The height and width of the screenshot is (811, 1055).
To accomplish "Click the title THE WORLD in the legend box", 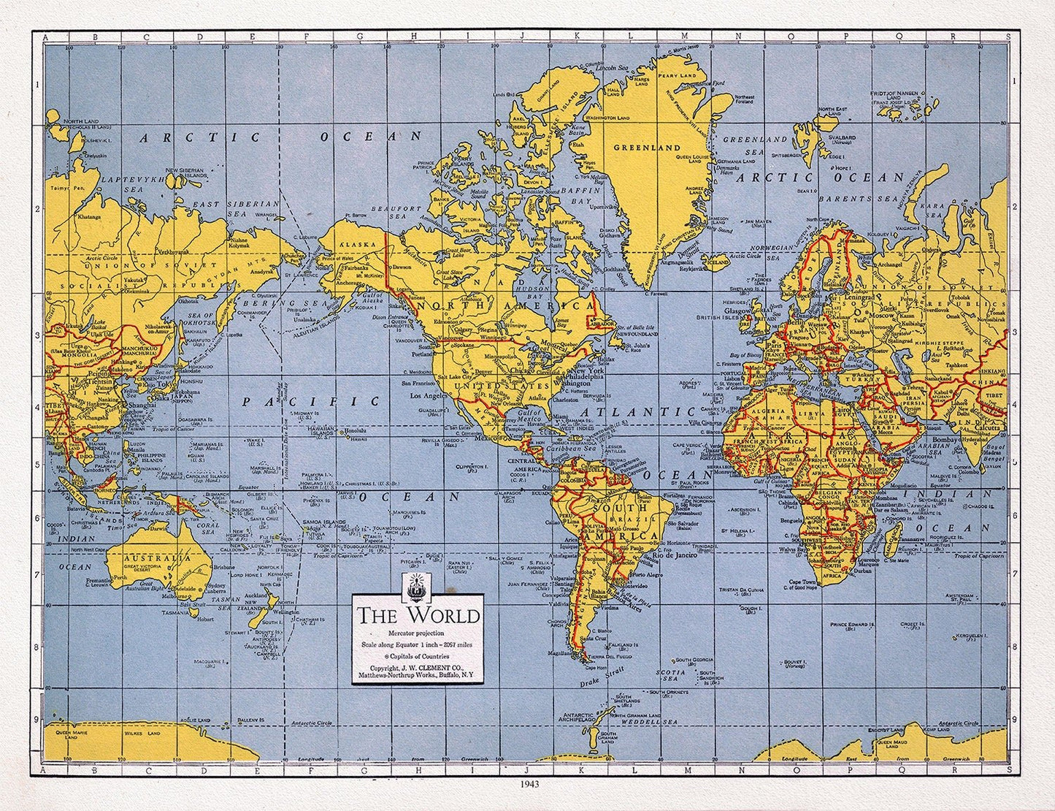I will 418,614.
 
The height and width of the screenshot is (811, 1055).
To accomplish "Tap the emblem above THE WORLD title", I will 417,585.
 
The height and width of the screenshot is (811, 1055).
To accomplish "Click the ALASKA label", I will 358,245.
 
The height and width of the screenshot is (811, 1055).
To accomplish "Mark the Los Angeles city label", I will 429,396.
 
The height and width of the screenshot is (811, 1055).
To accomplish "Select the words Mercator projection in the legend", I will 417,632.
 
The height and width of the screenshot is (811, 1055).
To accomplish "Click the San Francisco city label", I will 421,381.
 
